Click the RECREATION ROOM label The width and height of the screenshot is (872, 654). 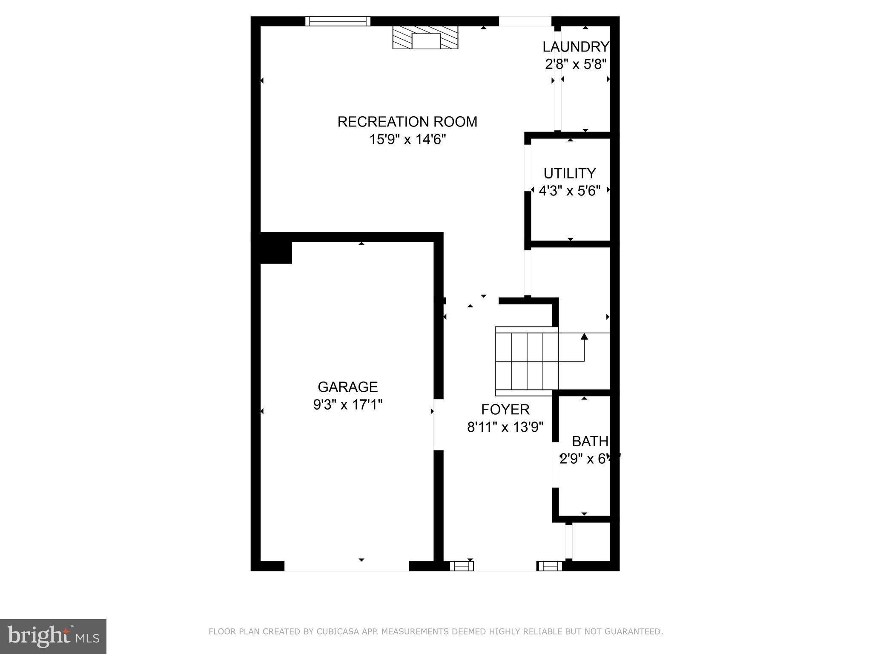[407, 122]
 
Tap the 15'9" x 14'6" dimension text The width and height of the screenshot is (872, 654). [407, 140]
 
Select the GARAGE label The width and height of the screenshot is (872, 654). [347, 387]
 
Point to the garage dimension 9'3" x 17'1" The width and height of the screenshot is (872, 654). [347, 405]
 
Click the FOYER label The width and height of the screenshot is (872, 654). [505, 410]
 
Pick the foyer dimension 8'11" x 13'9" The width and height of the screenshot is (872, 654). [505, 427]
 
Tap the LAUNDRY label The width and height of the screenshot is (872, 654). [576, 47]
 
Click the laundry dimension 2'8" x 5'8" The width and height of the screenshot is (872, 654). [576, 64]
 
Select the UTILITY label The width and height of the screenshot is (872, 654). [569, 174]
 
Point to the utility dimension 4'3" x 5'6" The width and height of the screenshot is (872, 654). [569, 191]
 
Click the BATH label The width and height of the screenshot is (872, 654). [590, 442]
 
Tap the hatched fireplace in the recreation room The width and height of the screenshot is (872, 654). [425, 38]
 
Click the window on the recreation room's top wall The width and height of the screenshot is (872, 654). [338, 21]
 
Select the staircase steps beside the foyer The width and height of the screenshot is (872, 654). [527, 361]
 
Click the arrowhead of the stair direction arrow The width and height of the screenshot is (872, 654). [584, 336]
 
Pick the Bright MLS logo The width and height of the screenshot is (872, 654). [53, 637]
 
